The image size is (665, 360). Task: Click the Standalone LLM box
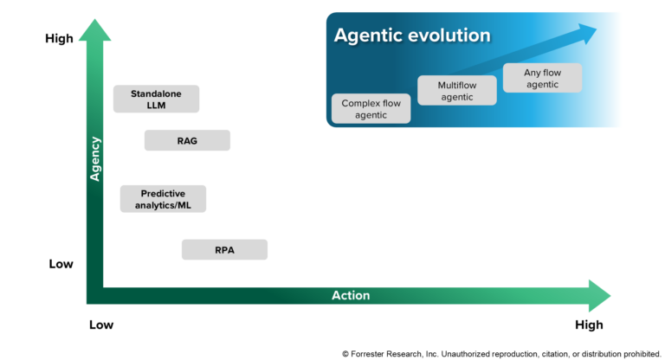point(156,99)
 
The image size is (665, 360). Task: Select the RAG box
point(187,140)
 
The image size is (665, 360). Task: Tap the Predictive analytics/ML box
point(163,199)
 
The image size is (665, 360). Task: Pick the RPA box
point(224,250)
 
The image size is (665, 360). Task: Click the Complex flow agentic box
point(371,108)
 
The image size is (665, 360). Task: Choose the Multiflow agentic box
point(457,91)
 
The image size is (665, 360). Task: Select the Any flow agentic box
point(541,78)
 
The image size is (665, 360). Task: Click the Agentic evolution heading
point(412,35)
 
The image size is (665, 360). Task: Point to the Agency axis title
point(95,158)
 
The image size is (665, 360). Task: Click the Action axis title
point(351,295)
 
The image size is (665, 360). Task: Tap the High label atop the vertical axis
point(59,39)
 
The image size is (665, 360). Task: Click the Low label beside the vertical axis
point(61,264)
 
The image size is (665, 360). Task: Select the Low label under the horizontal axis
point(101,325)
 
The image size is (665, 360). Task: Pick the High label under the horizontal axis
point(589,325)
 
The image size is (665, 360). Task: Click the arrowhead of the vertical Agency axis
point(95,29)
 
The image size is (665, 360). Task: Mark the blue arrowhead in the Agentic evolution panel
point(587,33)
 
